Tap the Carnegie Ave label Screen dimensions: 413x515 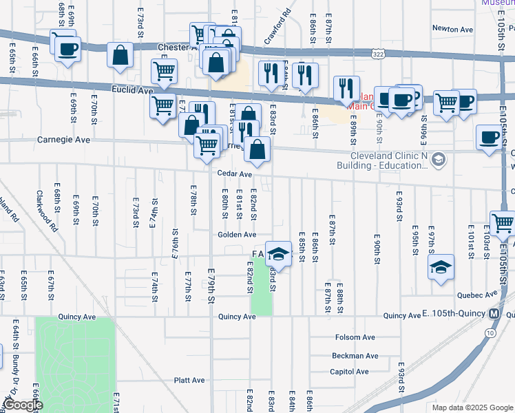[x=63, y=140]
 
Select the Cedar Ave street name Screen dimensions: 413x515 [x=235, y=174]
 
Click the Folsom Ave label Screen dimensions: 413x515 [x=355, y=337]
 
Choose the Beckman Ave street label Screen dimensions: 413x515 [x=355, y=356]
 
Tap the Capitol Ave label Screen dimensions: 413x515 [x=350, y=372]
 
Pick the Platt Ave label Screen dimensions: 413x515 [x=189, y=380]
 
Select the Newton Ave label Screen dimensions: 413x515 [x=452, y=29]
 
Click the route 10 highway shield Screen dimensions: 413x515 [x=489, y=332]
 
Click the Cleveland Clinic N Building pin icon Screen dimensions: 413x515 [x=439, y=160]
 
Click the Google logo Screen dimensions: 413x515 [x=24, y=405]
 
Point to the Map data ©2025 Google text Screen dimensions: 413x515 [x=472, y=407]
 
